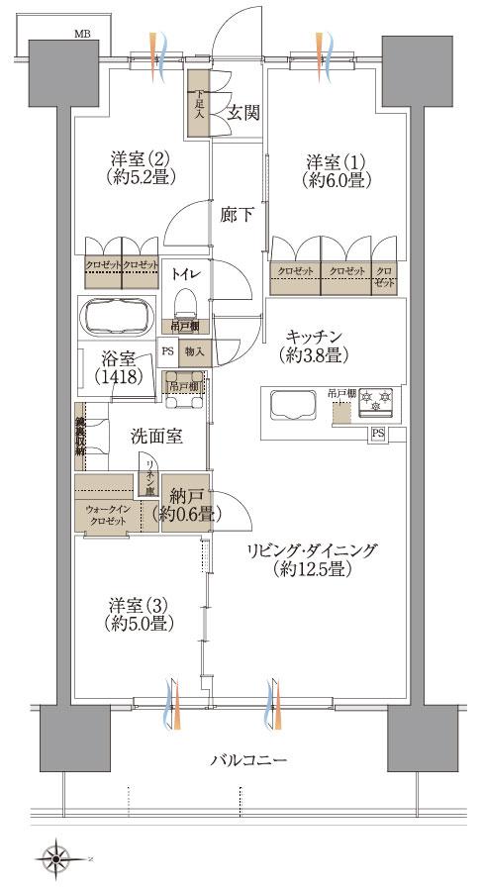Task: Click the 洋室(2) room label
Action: (141, 167)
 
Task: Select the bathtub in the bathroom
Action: (118, 317)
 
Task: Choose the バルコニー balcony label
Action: (249, 760)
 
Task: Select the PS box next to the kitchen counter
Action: (377, 433)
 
